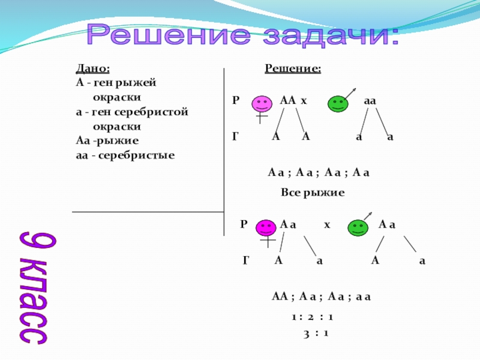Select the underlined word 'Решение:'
tap(293, 69)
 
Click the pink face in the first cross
tap(260, 104)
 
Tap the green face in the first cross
tap(338, 104)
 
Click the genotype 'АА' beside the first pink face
tap(287, 101)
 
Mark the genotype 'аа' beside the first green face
tap(370, 101)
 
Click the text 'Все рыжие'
tap(312, 193)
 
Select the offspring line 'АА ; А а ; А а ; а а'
tap(322, 296)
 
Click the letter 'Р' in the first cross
tap(236, 101)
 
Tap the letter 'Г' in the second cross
tap(246, 260)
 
